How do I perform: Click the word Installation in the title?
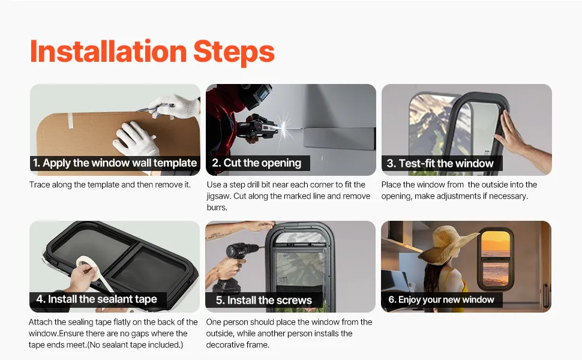pyautogui.click(x=108, y=51)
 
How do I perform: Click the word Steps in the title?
pyautogui.click(x=234, y=53)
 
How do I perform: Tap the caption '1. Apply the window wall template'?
pyautogui.click(x=115, y=163)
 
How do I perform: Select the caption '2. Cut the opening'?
pyautogui.click(x=256, y=163)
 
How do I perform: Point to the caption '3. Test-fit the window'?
pyautogui.click(x=440, y=163)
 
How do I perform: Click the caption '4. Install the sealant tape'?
pyautogui.click(x=97, y=299)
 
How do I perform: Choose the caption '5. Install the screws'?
pyautogui.click(x=264, y=300)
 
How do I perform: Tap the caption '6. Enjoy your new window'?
pyautogui.click(x=442, y=299)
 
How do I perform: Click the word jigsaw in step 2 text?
pyautogui.click(x=218, y=196)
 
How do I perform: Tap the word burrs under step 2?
pyautogui.click(x=217, y=207)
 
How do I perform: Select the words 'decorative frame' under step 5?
pyautogui.click(x=238, y=344)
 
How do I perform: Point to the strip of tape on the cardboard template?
pyautogui.click(x=71, y=120)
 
